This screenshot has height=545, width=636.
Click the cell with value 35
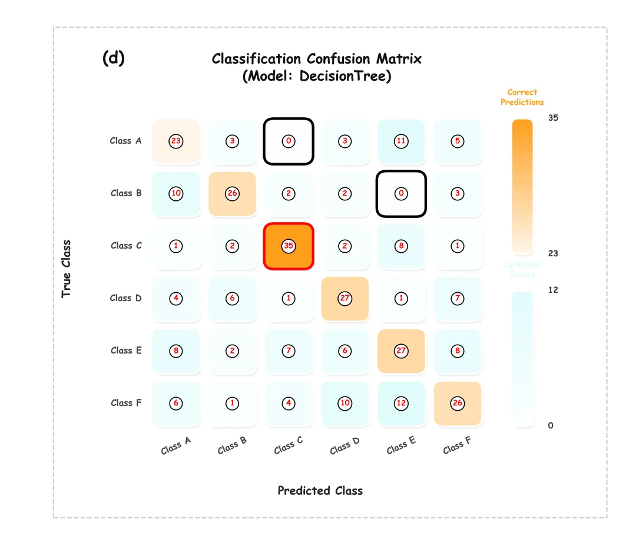(289, 246)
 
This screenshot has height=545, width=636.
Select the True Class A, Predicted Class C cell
(289, 141)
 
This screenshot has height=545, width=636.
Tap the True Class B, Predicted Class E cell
(401, 193)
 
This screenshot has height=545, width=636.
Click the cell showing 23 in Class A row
(175, 141)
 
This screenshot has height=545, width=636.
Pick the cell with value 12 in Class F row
(401, 403)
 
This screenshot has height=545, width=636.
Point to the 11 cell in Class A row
(401, 141)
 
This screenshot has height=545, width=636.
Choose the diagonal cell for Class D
(345, 298)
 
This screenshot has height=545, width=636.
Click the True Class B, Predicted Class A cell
(175, 193)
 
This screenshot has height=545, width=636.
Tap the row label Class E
(126, 351)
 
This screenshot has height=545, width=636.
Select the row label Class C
(126, 246)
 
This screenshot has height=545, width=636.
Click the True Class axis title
(67, 269)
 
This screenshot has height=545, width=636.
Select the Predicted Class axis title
(320, 491)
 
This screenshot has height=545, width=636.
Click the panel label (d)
(114, 58)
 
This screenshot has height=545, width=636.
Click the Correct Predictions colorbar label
(522, 97)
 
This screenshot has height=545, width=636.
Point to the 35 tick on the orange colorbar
(553, 118)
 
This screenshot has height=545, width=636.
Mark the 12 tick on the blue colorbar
(553, 290)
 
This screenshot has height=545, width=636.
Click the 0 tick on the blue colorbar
(551, 425)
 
